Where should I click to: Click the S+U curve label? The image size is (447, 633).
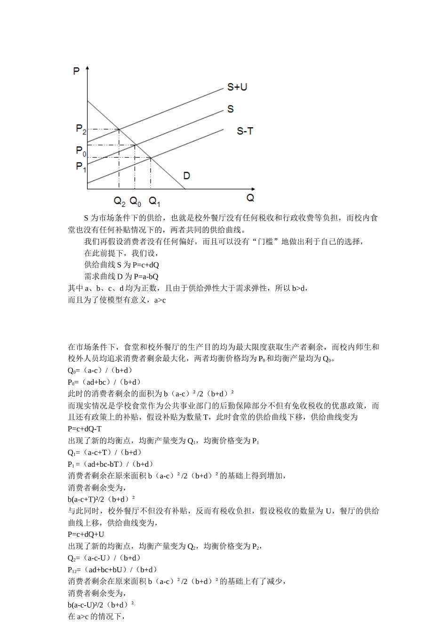pos(237,87)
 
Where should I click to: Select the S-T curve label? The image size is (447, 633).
pos(244,131)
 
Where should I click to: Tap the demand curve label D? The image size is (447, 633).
pos(187,176)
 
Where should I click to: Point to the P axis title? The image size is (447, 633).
pos(76,71)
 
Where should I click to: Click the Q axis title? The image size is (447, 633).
pos(250,198)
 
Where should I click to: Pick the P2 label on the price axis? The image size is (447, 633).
pos(80,129)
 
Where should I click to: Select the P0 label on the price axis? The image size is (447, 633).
pos(80,151)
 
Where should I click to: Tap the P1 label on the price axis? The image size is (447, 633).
pos(80,166)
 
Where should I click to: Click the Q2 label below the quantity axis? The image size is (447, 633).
pos(120,202)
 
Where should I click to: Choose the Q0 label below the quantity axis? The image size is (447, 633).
pos(136,202)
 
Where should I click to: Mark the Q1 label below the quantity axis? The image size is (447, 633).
pos(154,202)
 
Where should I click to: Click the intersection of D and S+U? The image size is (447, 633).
pos(119,129)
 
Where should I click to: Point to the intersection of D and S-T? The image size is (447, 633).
pos(151,158)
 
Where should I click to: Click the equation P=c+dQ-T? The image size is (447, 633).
pos(85,429)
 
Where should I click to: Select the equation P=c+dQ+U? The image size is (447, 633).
pos(86,534)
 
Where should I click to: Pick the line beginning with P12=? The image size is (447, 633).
pos(112,569)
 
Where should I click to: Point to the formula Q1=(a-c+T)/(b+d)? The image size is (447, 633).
pos(105,452)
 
